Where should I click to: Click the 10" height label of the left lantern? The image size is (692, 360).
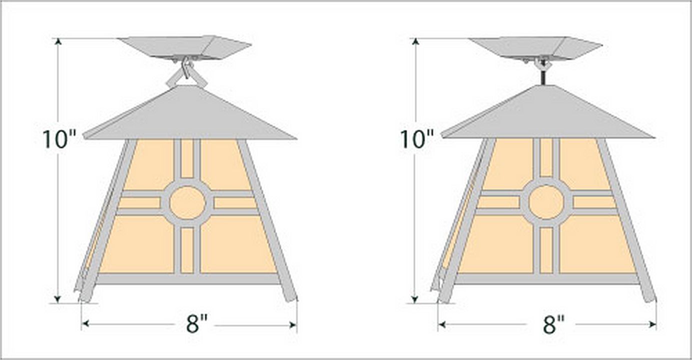59,139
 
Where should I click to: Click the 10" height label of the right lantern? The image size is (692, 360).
417,139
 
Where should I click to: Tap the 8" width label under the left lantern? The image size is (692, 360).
197,324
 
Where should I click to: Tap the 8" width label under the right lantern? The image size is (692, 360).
553,324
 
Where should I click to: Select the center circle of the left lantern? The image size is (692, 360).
188,202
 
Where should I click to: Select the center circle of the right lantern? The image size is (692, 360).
546,202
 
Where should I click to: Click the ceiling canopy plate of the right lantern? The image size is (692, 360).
536,47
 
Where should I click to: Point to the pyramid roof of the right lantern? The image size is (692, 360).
547,114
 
